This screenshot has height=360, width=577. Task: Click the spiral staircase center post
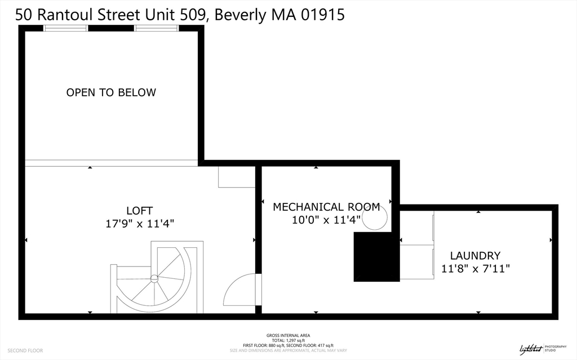[154, 278]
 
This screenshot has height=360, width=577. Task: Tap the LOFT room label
[139, 211]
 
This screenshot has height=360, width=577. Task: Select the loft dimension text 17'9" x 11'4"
[140, 224]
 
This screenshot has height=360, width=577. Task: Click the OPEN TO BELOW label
[111, 92]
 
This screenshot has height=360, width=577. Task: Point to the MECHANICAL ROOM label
[326, 207]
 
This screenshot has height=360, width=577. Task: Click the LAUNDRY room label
[475, 255]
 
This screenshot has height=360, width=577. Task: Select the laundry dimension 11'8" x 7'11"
[475, 269]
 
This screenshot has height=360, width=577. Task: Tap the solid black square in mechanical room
[376, 257]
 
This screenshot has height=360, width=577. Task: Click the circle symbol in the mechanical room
[375, 217]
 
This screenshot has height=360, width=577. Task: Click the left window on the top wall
[66, 28]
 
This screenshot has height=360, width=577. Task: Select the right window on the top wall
[156, 28]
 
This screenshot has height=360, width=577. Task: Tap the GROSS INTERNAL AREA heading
[288, 335]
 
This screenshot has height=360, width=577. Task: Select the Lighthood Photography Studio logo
[538, 348]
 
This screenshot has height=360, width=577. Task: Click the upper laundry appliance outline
[417, 228]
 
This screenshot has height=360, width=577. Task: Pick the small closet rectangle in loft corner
[237, 177]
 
